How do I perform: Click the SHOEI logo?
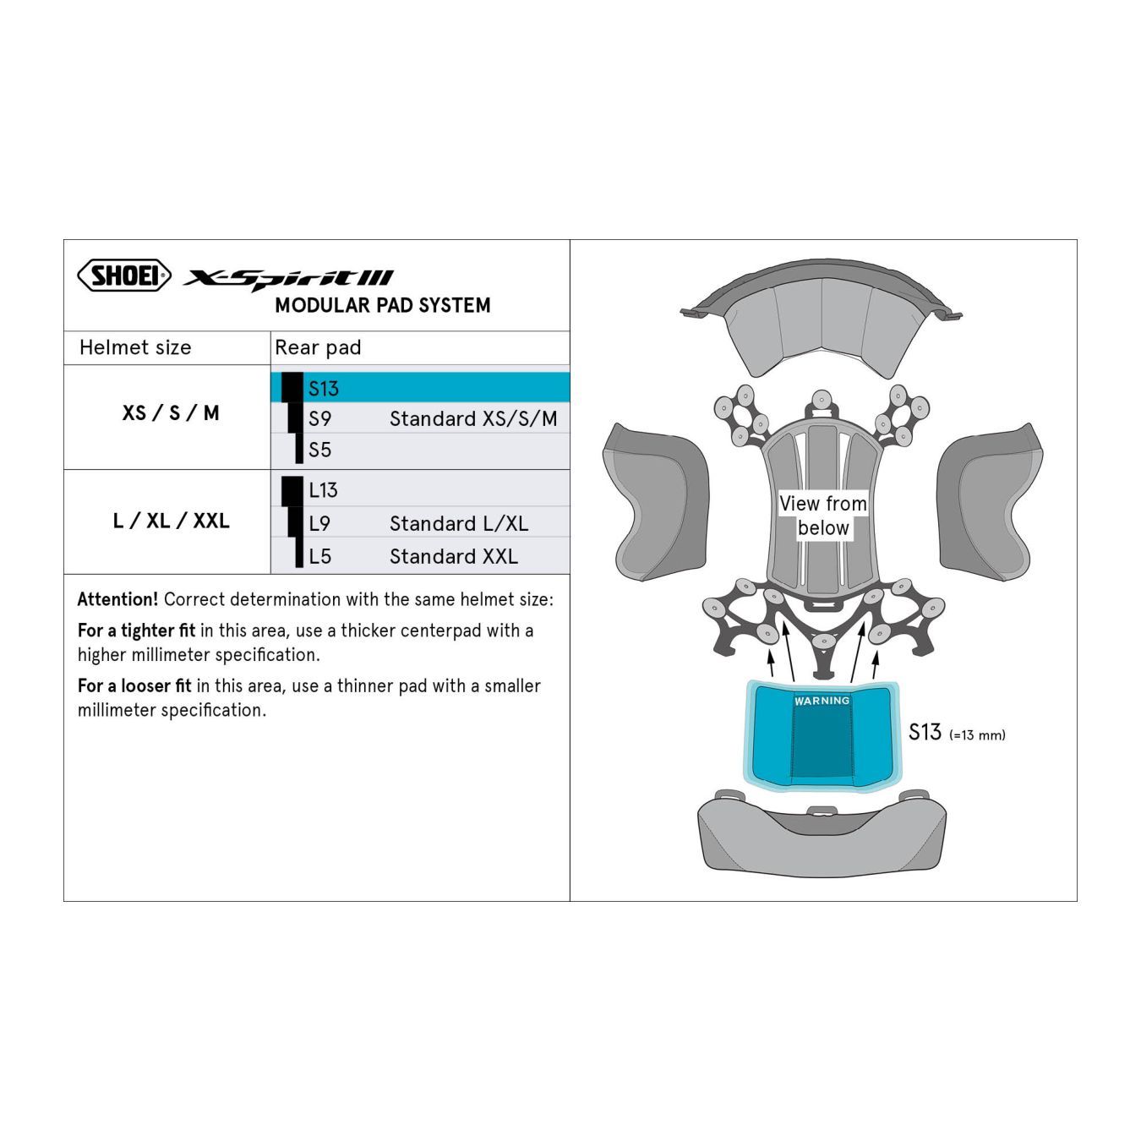[124, 276]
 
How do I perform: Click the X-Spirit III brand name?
[288, 280]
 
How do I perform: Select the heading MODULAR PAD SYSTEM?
[383, 305]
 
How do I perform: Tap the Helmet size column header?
[135, 347]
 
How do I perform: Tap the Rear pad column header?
[318, 347]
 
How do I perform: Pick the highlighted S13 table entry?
[324, 389]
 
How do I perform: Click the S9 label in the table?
[319, 418]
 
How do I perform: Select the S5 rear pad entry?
[319, 450]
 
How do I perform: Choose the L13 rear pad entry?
[324, 490]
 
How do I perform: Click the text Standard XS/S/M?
[473, 418]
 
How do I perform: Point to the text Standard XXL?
[454, 557]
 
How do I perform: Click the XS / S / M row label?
[171, 412]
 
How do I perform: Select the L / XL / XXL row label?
[171, 521]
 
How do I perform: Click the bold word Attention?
[117, 599]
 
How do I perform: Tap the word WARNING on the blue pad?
[822, 701]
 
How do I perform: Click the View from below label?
[823, 516]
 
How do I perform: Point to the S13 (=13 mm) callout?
[957, 733]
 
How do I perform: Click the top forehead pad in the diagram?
[822, 318]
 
